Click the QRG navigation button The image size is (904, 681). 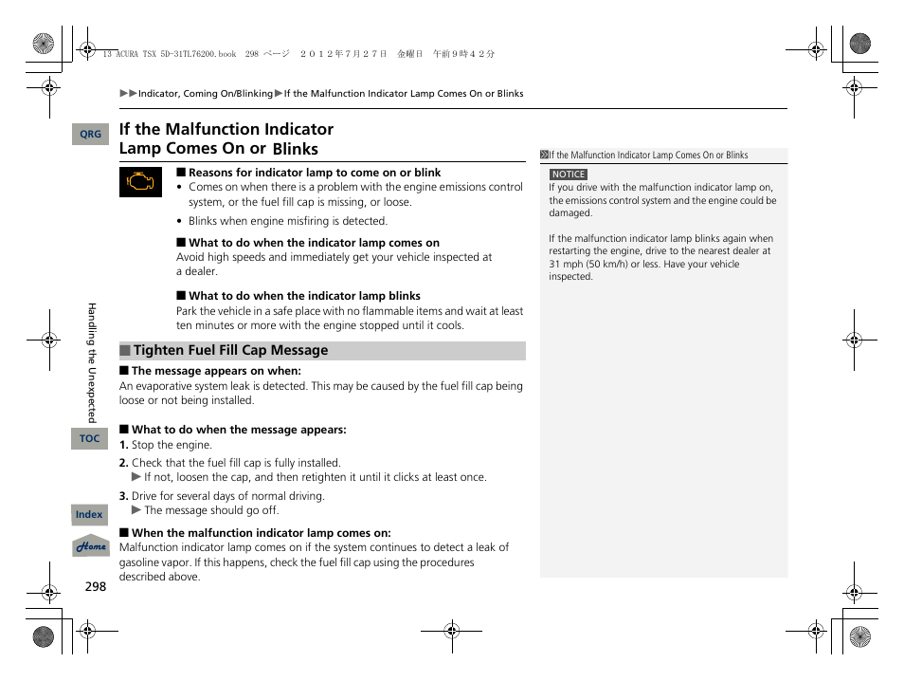90,135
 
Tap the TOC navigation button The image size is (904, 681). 89,438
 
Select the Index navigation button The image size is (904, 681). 89,515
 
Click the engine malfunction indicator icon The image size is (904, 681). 140,182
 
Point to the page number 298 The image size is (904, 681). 95,586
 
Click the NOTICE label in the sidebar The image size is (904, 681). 568,175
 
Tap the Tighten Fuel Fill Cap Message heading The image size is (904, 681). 230,351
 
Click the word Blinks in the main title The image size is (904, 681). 295,149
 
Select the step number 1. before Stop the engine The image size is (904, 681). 123,445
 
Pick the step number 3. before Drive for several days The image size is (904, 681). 123,496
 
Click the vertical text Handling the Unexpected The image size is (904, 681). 92,362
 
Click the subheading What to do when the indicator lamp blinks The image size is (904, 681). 303,296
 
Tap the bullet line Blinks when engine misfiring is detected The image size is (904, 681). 287,221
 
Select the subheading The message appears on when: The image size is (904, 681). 215,372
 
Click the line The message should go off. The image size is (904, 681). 210,510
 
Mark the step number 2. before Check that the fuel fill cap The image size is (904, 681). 123,463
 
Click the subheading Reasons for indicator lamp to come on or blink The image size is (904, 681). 314,173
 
